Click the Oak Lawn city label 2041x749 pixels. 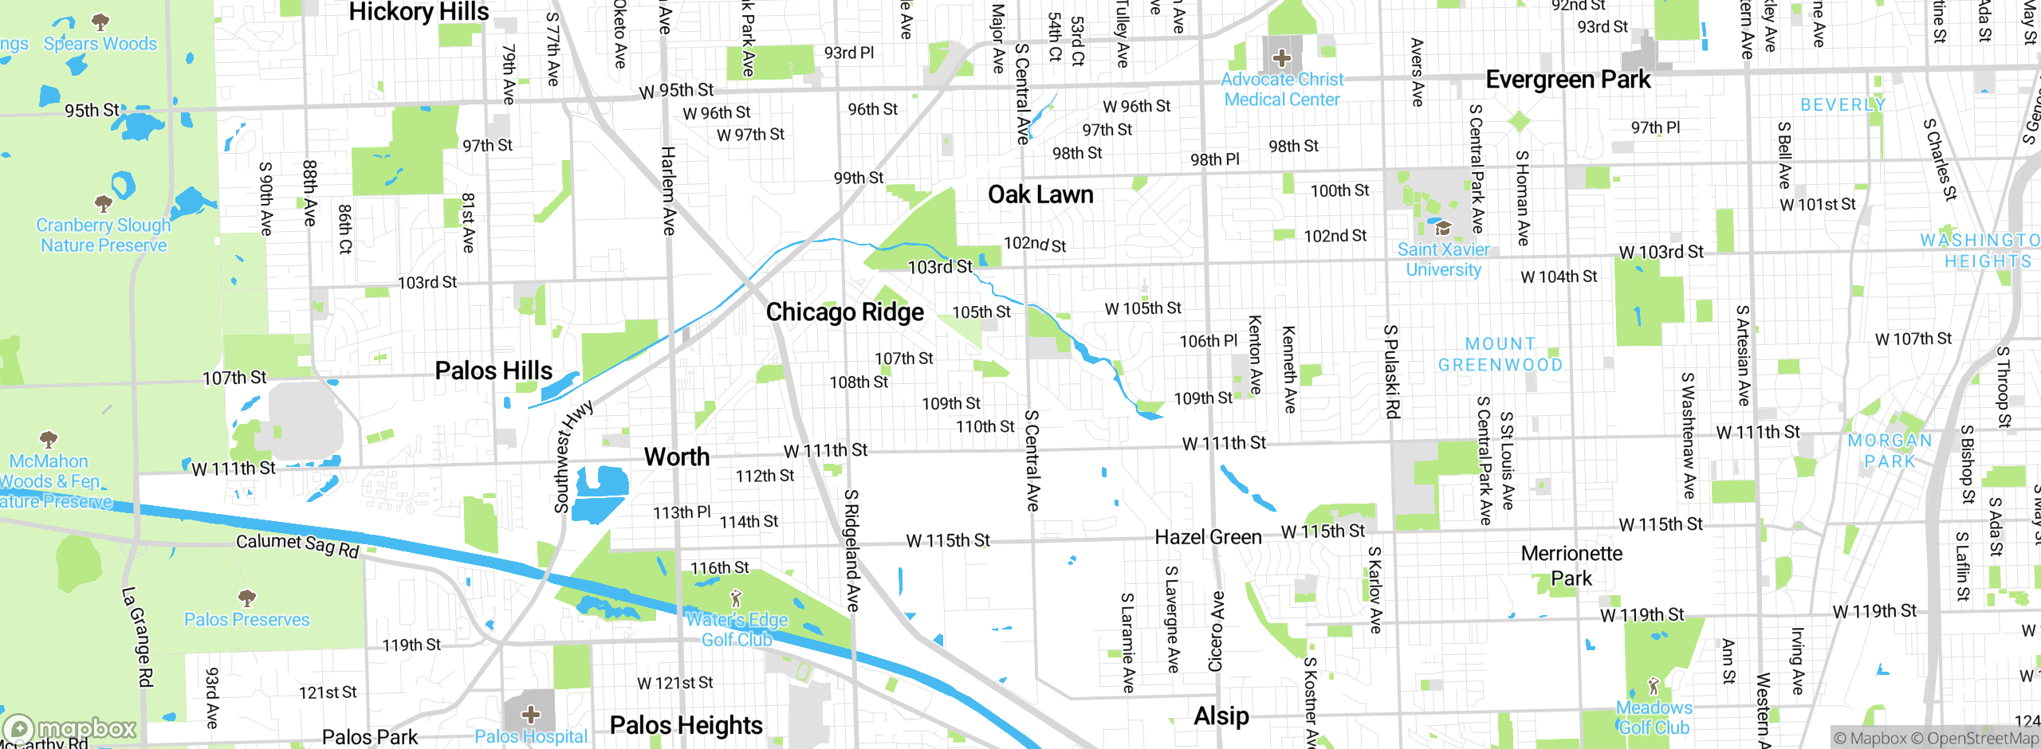pos(1040,195)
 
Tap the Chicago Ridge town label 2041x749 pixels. pos(845,312)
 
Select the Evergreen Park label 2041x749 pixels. pos(1568,80)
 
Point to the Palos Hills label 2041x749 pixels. pos(494,371)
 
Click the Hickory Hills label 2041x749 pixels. pos(419,12)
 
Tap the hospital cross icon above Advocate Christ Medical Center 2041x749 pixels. pos(1281,58)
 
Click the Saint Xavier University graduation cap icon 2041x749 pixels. pos(1442,229)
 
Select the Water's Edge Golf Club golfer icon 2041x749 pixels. pos(736,598)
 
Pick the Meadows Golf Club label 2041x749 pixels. pos(1654,717)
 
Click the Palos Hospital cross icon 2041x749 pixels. pos(531,714)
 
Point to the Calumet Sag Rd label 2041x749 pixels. pos(297,545)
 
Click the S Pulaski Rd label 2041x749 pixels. pos(1391,371)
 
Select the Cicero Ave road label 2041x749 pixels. pos(1216,631)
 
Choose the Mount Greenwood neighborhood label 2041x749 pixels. pos(1500,355)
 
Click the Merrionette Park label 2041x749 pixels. pos(1571,566)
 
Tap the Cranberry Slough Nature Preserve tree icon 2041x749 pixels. pos(104,203)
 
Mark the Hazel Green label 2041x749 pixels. pos(1208,538)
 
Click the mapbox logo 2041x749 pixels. pos(70,728)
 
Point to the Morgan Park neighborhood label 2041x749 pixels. pos(1890,451)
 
